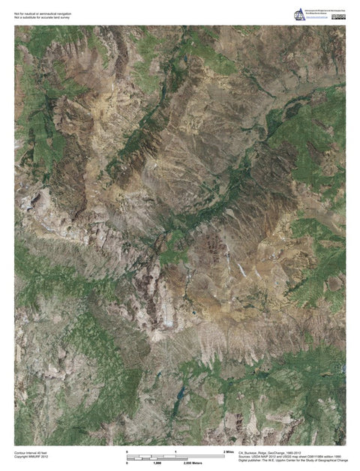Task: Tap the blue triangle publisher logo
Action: tap(300, 14)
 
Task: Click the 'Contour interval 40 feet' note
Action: tap(31, 453)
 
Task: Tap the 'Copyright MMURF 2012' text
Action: tap(31, 457)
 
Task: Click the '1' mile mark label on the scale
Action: tap(175, 451)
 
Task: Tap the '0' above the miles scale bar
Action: tap(127, 451)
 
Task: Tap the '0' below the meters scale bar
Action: tap(127, 463)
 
